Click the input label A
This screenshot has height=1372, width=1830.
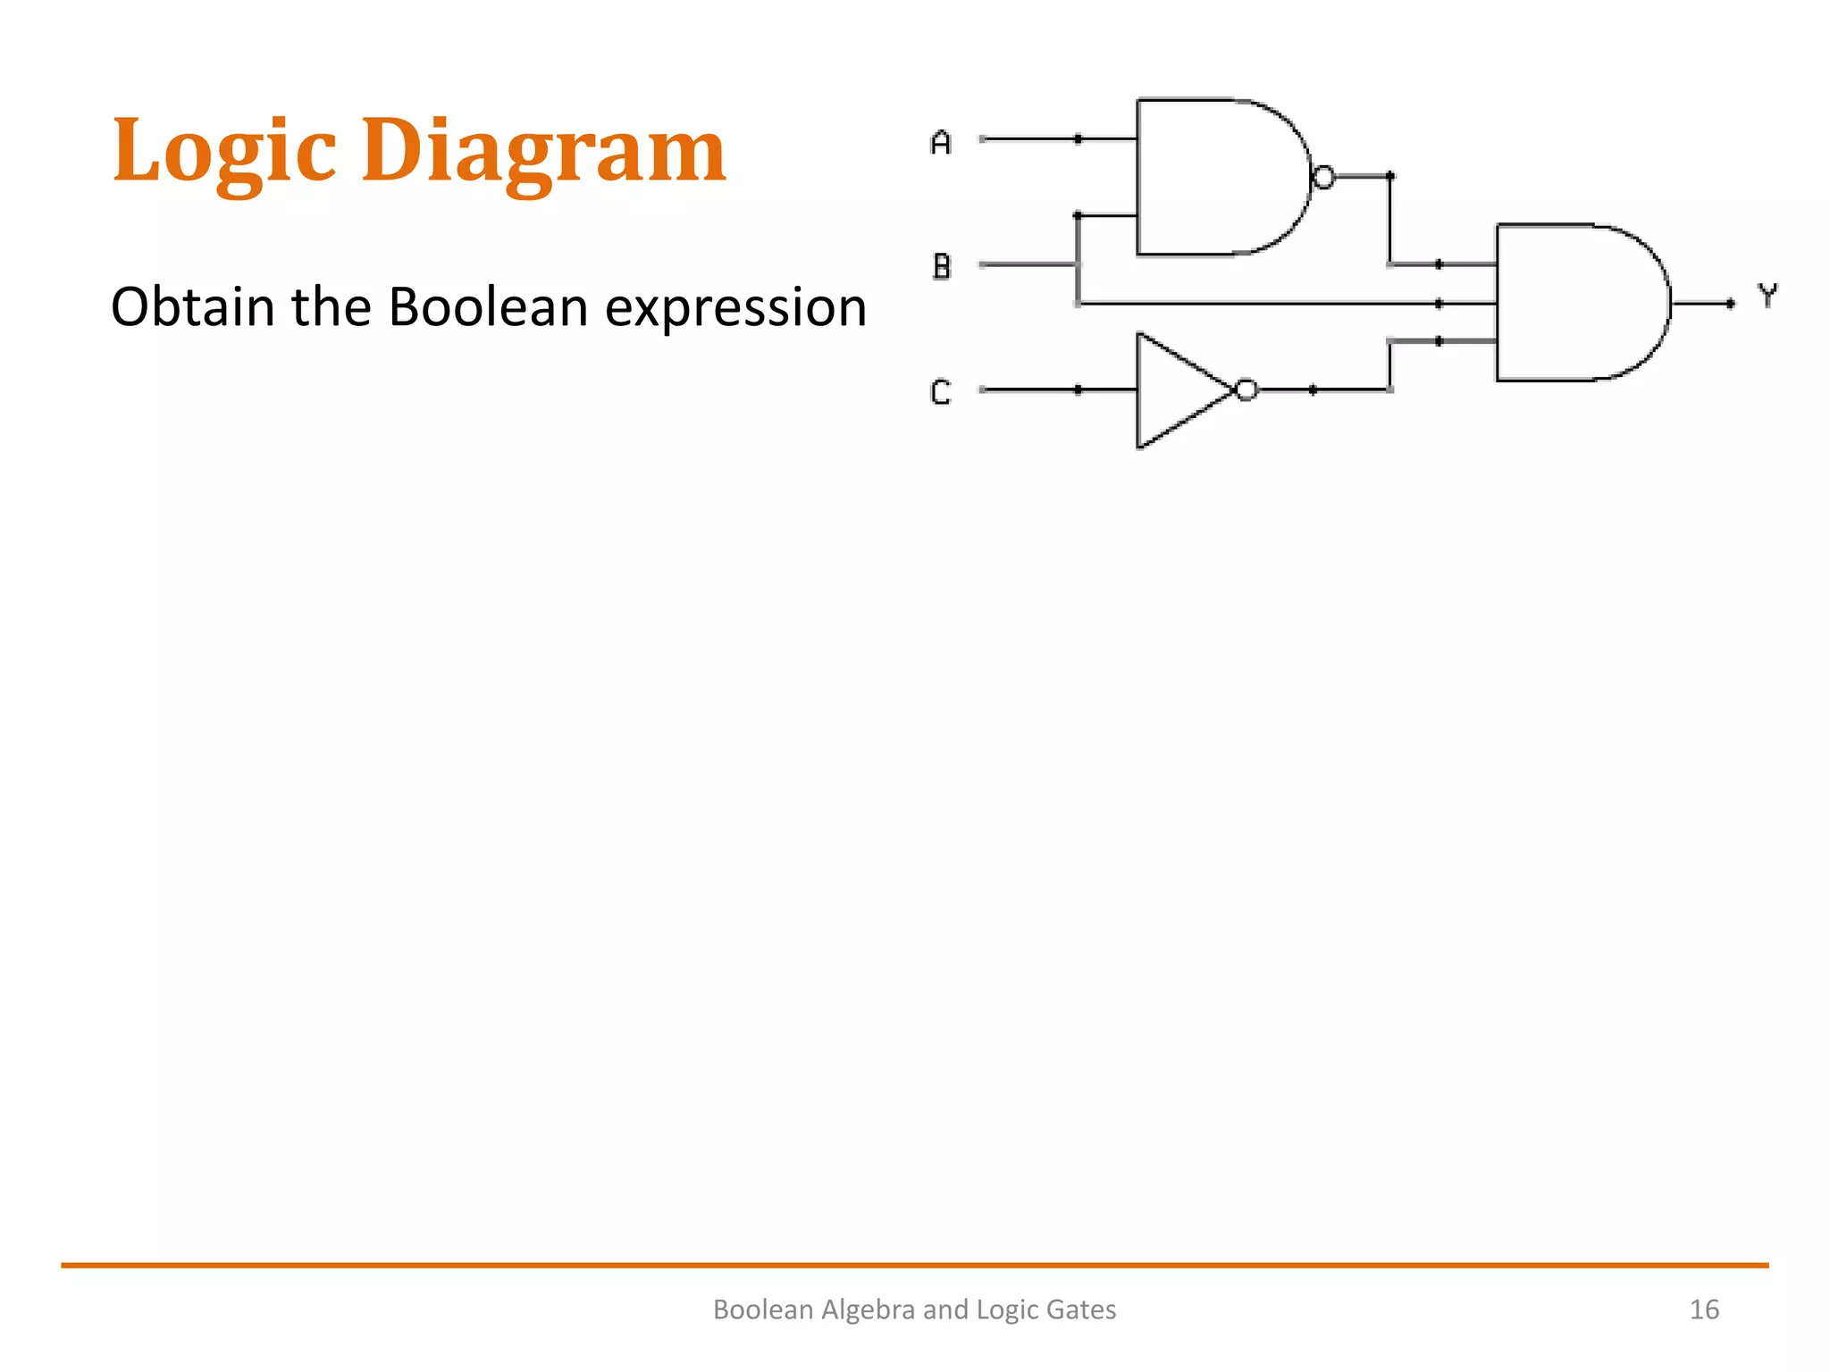[940, 142]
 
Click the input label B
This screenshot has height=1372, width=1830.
[941, 266]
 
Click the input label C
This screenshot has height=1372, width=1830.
[940, 392]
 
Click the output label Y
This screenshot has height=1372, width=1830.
[1767, 296]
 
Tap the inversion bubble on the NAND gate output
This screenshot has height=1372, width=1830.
[1323, 177]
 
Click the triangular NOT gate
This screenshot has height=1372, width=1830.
[1175, 390]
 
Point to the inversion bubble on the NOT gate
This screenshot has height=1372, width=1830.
[1247, 389]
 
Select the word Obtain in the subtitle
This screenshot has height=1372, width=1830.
[192, 306]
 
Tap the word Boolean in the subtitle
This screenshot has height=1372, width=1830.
[488, 306]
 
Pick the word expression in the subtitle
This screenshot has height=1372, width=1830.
[735, 308]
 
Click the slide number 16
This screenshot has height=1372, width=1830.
[1703, 1309]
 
